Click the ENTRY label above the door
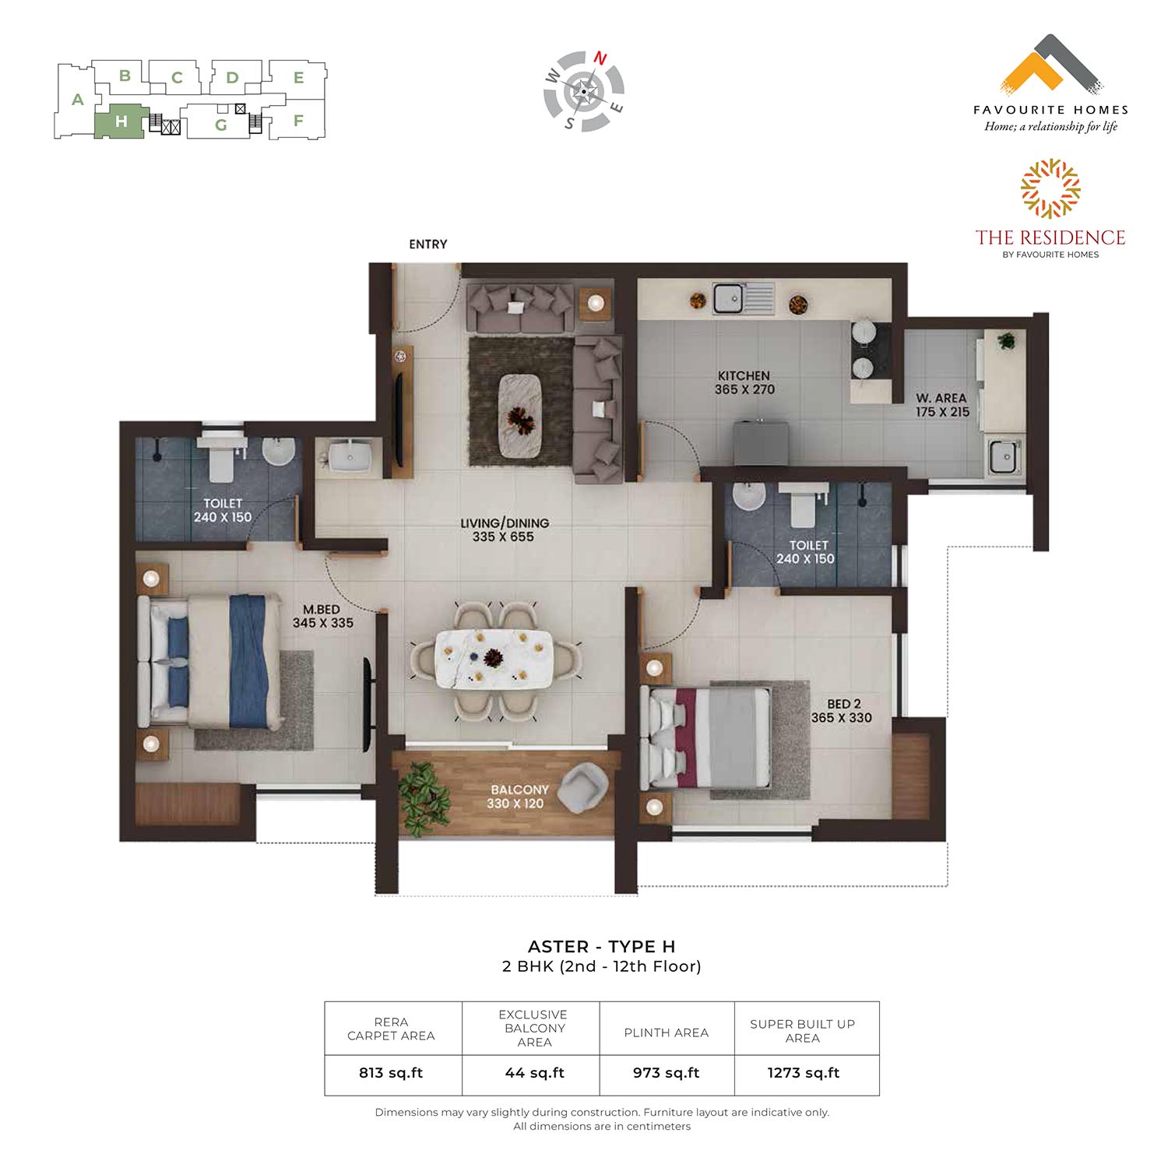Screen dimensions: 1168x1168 [x=427, y=245]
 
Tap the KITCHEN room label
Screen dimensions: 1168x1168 [x=744, y=375]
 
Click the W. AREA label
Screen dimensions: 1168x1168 [x=941, y=398]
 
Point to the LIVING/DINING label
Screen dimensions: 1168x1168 [x=505, y=523]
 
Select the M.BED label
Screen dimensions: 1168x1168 [x=322, y=609]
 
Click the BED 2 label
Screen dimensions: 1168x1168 [x=844, y=704]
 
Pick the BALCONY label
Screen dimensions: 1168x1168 [x=519, y=790]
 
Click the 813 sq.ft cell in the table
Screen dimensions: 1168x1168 [x=391, y=1073]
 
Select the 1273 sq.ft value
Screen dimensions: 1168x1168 [x=804, y=1073]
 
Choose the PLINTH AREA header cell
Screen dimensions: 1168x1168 [x=667, y=1033]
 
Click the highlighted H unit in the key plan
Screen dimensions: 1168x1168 [x=120, y=121]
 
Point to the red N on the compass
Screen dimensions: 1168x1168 [x=600, y=58]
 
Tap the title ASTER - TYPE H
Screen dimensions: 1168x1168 [x=602, y=947]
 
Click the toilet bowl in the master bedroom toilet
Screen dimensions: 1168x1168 [x=222, y=459]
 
